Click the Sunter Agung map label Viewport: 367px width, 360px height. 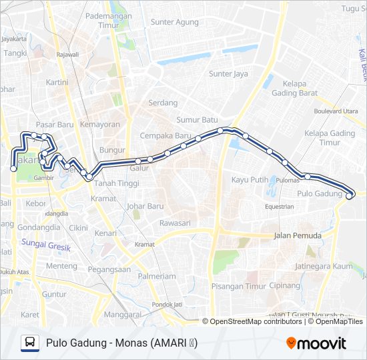coord(175,22)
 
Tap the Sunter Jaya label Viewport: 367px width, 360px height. coord(228,74)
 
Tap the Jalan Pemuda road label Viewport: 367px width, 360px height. coord(298,236)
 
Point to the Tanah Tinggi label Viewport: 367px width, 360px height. coord(114,183)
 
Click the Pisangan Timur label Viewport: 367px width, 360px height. coord(238,287)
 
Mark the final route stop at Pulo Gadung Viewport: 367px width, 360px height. coord(349,196)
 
